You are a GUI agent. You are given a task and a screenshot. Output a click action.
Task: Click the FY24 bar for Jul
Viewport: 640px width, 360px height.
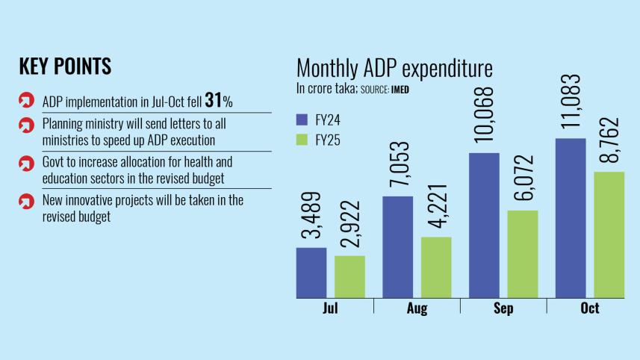pos(311,273)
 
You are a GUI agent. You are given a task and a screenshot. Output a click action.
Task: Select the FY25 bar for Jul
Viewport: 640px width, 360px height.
pos(349,276)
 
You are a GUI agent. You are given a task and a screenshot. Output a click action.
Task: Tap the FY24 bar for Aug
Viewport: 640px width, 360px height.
pos(397,246)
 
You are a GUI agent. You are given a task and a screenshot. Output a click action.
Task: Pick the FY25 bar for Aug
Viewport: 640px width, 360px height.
pos(435,267)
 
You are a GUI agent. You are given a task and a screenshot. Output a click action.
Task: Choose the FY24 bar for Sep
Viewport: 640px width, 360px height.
pos(484,225)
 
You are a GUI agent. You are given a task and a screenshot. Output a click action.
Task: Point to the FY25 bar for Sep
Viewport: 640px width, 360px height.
pos(522,254)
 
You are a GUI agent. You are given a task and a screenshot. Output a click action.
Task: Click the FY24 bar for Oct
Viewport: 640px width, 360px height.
pos(571,217)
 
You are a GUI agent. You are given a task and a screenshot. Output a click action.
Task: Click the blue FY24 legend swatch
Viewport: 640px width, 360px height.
pos(302,118)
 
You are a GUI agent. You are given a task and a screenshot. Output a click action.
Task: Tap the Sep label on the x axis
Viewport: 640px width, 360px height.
pos(503,308)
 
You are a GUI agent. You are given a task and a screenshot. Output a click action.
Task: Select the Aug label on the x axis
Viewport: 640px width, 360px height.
pos(417,308)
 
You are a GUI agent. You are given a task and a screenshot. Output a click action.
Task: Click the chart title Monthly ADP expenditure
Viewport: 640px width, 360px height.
pos(394,69)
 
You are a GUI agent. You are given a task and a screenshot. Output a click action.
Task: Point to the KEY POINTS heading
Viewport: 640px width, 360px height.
pos(65,66)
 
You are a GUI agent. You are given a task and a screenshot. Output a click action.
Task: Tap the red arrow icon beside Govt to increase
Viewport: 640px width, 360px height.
pos(26,162)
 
